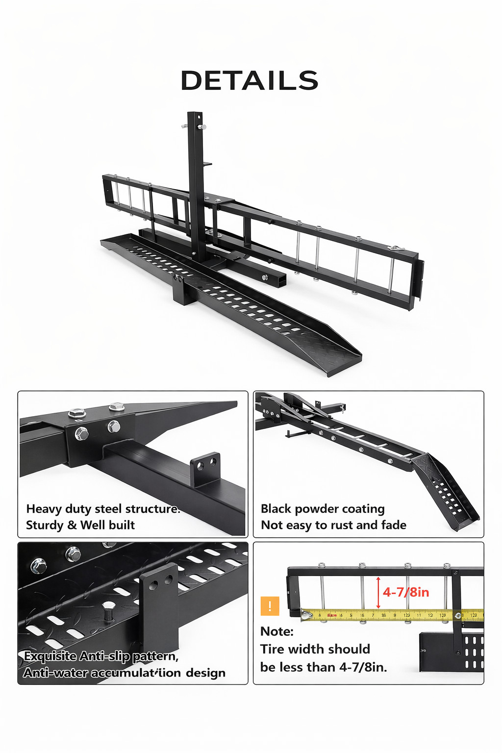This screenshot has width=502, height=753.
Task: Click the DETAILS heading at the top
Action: pyautogui.click(x=250, y=80)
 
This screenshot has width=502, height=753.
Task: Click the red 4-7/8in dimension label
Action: pyautogui.click(x=406, y=592)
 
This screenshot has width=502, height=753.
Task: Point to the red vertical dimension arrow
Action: pyautogui.click(x=378, y=593)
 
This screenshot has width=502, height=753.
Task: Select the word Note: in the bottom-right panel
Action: pyautogui.click(x=277, y=631)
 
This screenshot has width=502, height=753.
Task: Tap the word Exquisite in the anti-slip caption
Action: pyautogui.click(x=50, y=656)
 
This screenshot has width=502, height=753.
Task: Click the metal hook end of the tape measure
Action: pyautogui.click(x=306, y=615)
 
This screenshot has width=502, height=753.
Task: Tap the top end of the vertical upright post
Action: pyautogui.click(x=195, y=116)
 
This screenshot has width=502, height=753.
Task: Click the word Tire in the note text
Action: pyautogui.click(x=272, y=649)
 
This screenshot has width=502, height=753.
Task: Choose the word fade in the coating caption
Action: pyautogui.click(x=394, y=525)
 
